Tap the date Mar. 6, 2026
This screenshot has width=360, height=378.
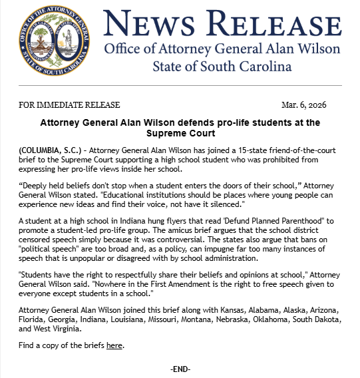[x=303, y=105]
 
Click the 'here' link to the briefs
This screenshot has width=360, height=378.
[x=114, y=345]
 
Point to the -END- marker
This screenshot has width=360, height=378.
[x=180, y=369]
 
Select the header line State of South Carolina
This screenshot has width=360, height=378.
[x=222, y=67]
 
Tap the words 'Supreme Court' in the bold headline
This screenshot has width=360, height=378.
[x=179, y=134]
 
